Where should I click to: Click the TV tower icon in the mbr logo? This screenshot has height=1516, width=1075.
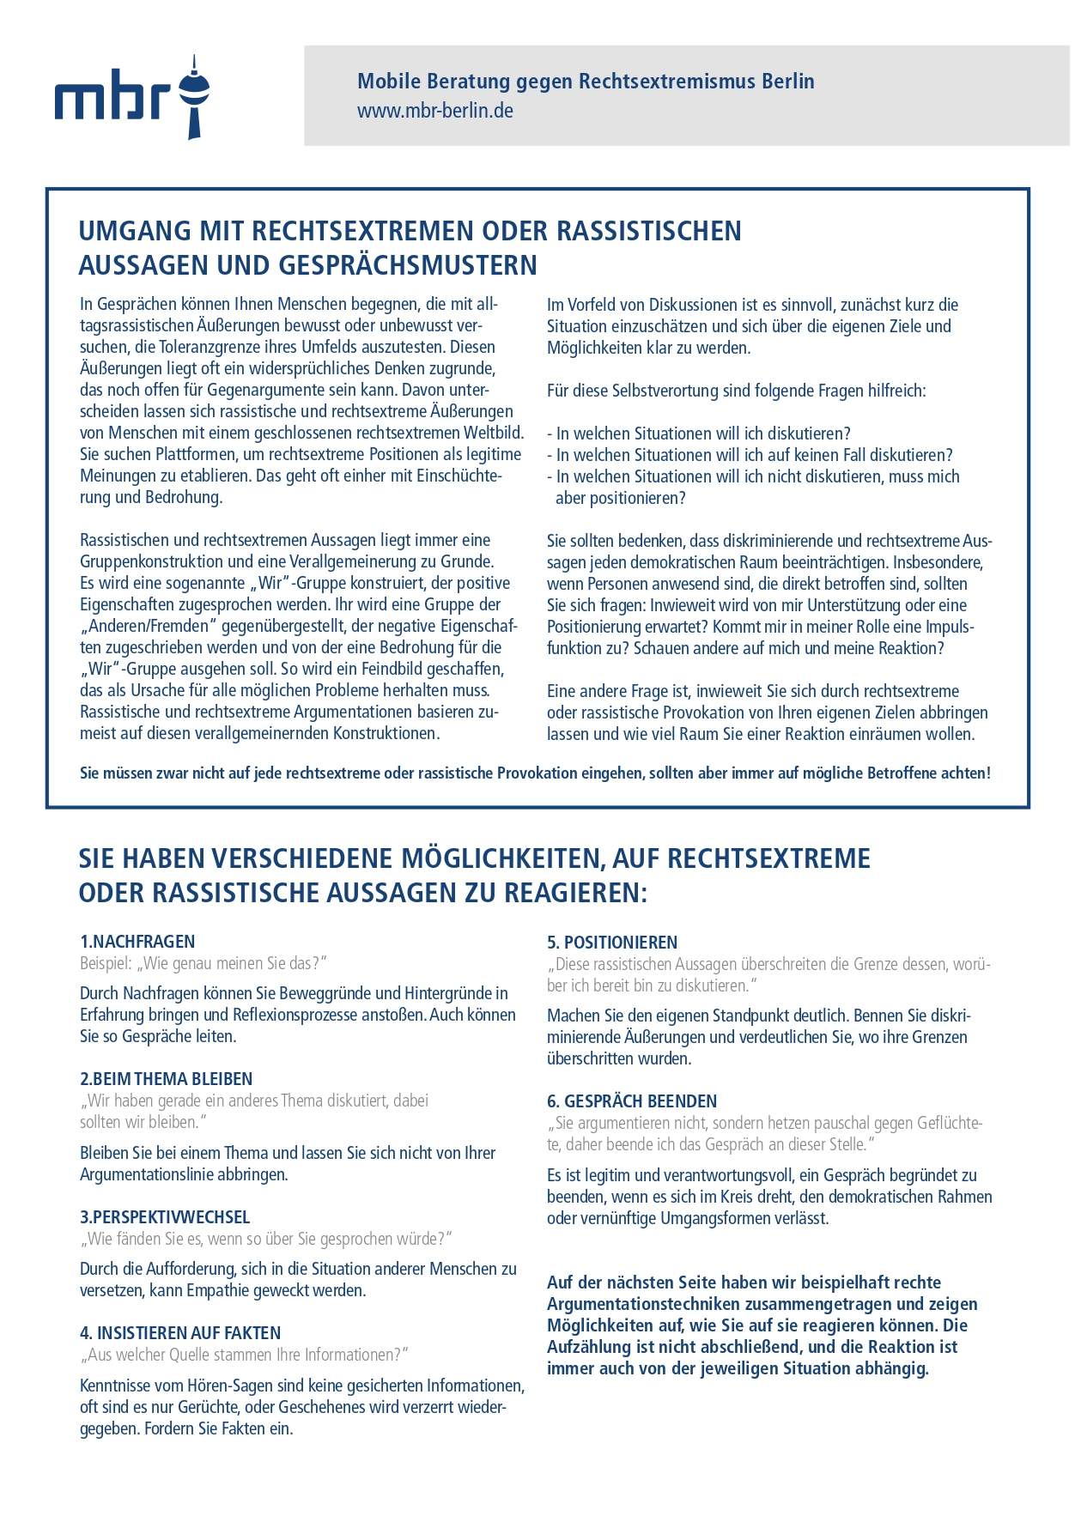click(195, 97)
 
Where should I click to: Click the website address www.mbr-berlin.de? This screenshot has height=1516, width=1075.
click(435, 111)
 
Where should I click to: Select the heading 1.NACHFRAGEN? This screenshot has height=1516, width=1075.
click(137, 941)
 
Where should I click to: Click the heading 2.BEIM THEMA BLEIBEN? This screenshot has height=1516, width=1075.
click(167, 1079)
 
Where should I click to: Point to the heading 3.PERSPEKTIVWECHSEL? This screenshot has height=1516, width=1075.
click(165, 1217)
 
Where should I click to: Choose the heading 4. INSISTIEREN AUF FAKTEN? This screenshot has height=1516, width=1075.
click(180, 1333)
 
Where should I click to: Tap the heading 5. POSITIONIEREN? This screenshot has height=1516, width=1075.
click(612, 942)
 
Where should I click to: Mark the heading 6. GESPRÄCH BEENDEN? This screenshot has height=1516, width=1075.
click(632, 1101)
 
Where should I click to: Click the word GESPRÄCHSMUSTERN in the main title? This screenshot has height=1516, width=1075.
click(409, 265)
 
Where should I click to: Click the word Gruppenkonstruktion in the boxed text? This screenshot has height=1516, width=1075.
click(157, 562)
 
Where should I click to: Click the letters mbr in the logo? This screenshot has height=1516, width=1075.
click(112, 99)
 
